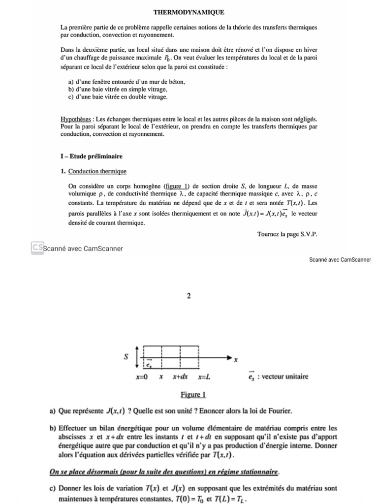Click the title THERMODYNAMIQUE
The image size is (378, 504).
[x=182, y=11]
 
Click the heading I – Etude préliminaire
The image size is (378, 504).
[x=91, y=157]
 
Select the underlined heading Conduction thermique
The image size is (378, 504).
[x=97, y=171]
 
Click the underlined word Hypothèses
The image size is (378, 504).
[x=77, y=119]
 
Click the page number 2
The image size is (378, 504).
[x=189, y=296]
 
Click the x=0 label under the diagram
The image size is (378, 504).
[x=142, y=377]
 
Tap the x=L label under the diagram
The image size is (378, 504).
[x=204, y=377]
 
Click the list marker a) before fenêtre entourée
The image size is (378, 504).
[x=71, y=83]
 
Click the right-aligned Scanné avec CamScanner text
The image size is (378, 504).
[x=340, y=259]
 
